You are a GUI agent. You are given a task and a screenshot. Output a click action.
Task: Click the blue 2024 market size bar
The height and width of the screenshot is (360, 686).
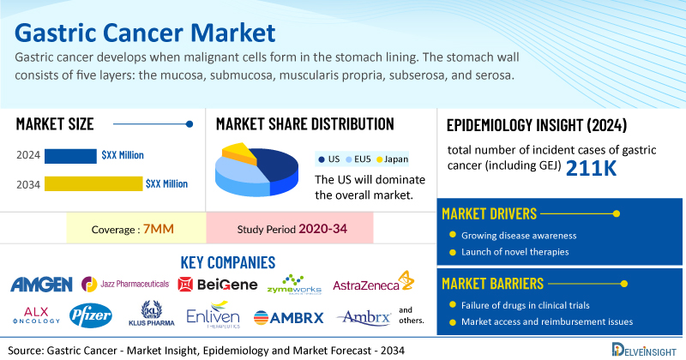tap(70, 156)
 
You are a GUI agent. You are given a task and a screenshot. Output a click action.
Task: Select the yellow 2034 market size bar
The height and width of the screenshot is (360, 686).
tap(93, 183)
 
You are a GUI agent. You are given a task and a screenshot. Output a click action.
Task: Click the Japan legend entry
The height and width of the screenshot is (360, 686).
tap(393, 159)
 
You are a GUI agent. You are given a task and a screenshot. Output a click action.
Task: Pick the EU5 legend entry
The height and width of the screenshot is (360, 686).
tap(358, 159)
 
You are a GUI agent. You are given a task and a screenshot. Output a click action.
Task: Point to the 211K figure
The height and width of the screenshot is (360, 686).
tap(591, 168)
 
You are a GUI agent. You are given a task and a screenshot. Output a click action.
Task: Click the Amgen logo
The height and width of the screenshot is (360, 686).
tap(41, 285)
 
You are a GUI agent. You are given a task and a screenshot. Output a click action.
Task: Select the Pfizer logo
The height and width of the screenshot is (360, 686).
tap(91, 315)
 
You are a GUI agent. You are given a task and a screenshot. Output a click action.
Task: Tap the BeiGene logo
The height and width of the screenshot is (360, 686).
tap(218, 285)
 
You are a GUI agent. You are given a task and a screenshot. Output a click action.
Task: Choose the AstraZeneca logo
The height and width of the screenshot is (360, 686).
tap(373, 282)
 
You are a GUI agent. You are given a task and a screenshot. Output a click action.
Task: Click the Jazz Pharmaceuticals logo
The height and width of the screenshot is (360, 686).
tap(125, 284)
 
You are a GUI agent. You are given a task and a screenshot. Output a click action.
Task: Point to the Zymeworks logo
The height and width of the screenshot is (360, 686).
tap(294, 285)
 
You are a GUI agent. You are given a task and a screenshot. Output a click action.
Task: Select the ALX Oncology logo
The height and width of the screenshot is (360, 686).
tap(36, 315)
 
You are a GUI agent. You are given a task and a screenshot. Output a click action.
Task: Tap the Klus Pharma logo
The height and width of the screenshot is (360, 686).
tap(152, 314)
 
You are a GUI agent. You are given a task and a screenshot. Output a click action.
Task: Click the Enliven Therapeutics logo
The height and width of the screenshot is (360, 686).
tap(213, 315)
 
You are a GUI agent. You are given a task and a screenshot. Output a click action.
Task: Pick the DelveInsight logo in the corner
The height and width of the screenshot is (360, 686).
tap(644, 350)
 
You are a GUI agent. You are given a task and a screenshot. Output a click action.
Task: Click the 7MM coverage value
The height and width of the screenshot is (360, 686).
tap(159, 229)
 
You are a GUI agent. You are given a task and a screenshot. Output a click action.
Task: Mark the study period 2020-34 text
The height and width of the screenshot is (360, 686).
tap(323, 229)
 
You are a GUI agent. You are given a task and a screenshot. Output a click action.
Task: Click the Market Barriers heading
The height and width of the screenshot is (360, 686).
tap(492, 284)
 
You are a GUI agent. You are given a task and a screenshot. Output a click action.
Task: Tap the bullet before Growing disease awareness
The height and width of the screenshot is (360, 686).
tap(453, 235)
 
